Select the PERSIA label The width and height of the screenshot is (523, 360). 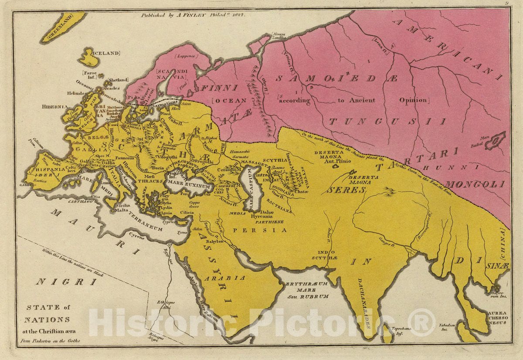click(x=260, y=230)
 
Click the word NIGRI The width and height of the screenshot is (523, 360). click(x=66, y=282)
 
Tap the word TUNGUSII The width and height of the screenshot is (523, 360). click(x=387, y=122)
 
